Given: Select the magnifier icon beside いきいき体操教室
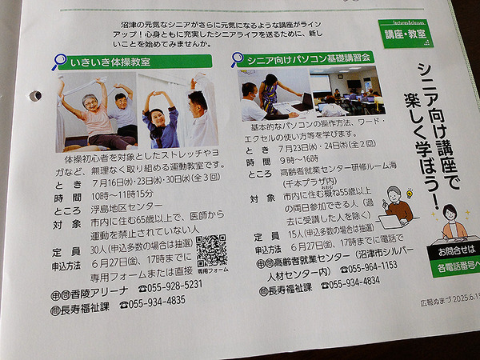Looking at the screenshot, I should tap(60, 61).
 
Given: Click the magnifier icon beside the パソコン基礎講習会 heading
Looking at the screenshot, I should tap(238, 59).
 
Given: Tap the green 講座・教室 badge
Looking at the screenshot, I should tap(404, 36).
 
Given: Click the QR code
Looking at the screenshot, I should tap(210, 250).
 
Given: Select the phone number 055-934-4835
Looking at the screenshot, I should tap(157, 302).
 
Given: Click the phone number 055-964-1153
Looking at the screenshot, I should tap(359, 265).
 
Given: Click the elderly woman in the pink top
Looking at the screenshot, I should tap(95, 117).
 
